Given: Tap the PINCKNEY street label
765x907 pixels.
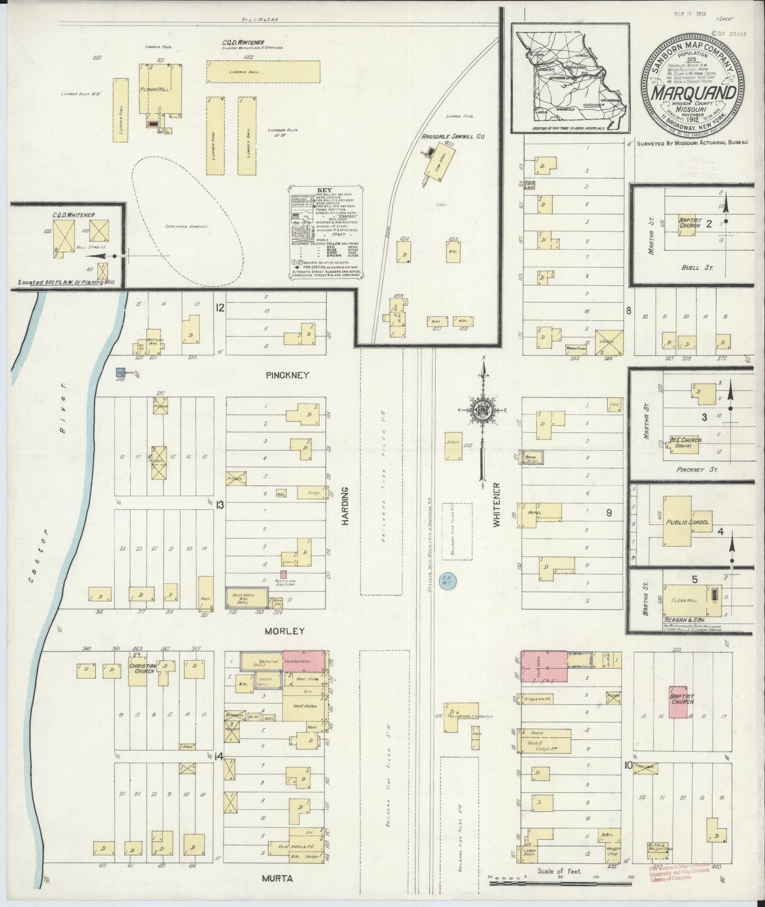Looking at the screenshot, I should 287,375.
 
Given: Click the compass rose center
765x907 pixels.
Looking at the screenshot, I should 483,411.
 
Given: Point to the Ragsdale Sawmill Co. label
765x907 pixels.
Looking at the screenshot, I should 453,137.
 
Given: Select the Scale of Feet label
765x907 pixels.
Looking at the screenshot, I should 560,871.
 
